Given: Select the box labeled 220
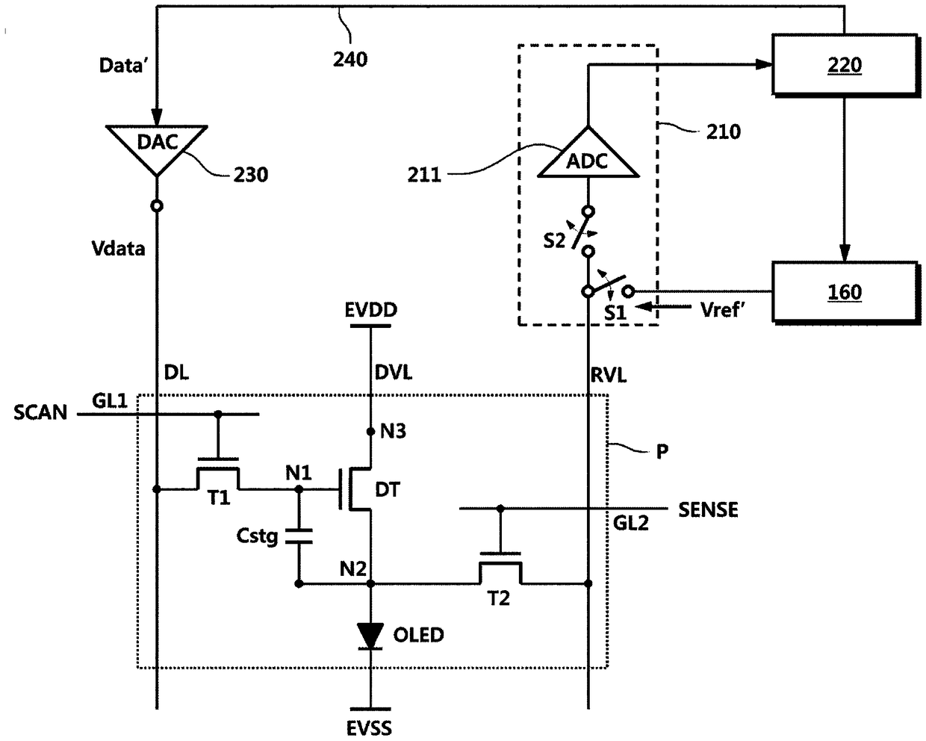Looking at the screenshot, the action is (845, 64).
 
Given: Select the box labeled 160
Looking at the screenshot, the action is (845, 291).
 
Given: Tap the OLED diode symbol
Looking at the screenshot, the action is (370, 636).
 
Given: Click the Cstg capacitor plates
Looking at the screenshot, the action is (298, 536).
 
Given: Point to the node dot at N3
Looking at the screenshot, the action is (370, 432).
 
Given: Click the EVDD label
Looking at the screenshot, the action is (371, 309).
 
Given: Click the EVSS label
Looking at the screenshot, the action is (369, 728).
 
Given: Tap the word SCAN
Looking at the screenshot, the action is (40, 412).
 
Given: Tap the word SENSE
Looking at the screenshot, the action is (708, 509).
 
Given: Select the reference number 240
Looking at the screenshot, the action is (349, 60).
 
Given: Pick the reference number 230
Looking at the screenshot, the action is (251, 175).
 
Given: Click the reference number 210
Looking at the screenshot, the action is (724, 131).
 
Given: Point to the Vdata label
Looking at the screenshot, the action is (118, 249).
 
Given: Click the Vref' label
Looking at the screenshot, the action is (723, 309).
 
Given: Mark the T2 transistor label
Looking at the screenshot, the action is (498, 598).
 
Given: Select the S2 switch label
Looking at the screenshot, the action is (554, 241).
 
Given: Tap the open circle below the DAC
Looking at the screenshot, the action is (157, 206).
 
